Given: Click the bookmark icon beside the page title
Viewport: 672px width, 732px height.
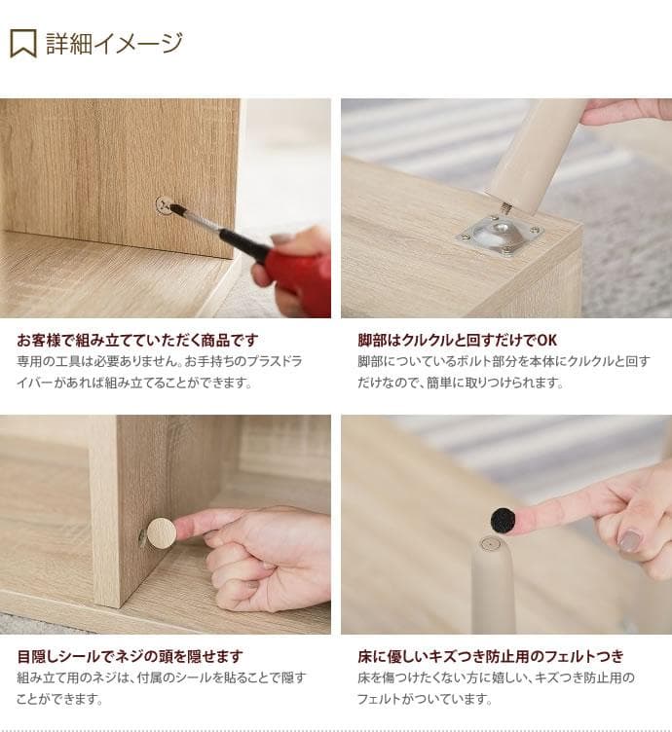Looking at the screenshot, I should tap(23, 43).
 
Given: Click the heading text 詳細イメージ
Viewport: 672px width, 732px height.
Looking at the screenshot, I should tap(114, 43).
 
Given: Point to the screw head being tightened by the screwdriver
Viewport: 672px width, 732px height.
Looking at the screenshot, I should tap(165, 205).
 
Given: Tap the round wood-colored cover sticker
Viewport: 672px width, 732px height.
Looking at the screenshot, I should tap(161, 531).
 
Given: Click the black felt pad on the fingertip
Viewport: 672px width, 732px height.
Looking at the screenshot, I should tap(503, 521).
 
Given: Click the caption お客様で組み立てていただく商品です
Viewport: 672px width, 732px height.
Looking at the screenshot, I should tap(137, 340).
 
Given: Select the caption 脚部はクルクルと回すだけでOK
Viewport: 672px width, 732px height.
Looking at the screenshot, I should tap(457, 340).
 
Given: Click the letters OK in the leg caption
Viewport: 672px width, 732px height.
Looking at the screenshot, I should tap(546, 340).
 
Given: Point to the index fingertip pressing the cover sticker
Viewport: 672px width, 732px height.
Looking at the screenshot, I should tap(185, 529).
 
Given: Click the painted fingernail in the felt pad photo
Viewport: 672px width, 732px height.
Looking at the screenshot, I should tap(630, 541).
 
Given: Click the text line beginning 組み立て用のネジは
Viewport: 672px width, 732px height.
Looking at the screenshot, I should tap(161, 677).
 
